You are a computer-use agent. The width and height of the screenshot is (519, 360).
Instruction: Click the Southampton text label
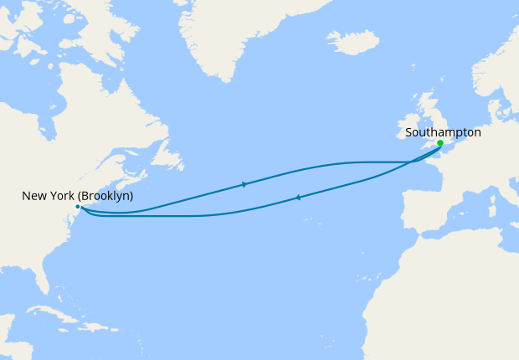[x=443, y=132]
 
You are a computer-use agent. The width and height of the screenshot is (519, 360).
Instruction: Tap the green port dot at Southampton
[x=440, y=143]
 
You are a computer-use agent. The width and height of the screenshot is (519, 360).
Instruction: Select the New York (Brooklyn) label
[x=77, y=196]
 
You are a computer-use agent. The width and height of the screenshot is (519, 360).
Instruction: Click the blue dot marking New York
[x=77, y=206]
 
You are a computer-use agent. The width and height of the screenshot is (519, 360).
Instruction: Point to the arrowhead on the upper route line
[x=244, y=184]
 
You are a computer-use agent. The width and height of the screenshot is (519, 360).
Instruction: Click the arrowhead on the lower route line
[x=298, y=198]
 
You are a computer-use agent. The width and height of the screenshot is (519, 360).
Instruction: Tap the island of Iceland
[x=352, y=41]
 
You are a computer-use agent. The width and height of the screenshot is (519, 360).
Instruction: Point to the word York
[x=63, y=196]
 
